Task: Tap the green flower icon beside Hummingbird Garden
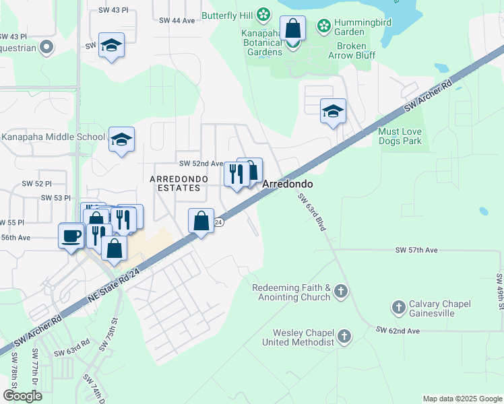point(324,26)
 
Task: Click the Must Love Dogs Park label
point(400,137)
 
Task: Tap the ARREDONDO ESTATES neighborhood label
point(175,183)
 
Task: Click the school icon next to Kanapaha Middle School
point(122,140)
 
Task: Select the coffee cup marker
point(71,236)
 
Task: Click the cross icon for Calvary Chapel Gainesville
point(398,308)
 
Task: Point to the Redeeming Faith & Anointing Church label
point(291,292)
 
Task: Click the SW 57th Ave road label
point(416,250)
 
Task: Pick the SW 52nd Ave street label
point(200,164)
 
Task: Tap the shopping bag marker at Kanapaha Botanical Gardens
point(292,29)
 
